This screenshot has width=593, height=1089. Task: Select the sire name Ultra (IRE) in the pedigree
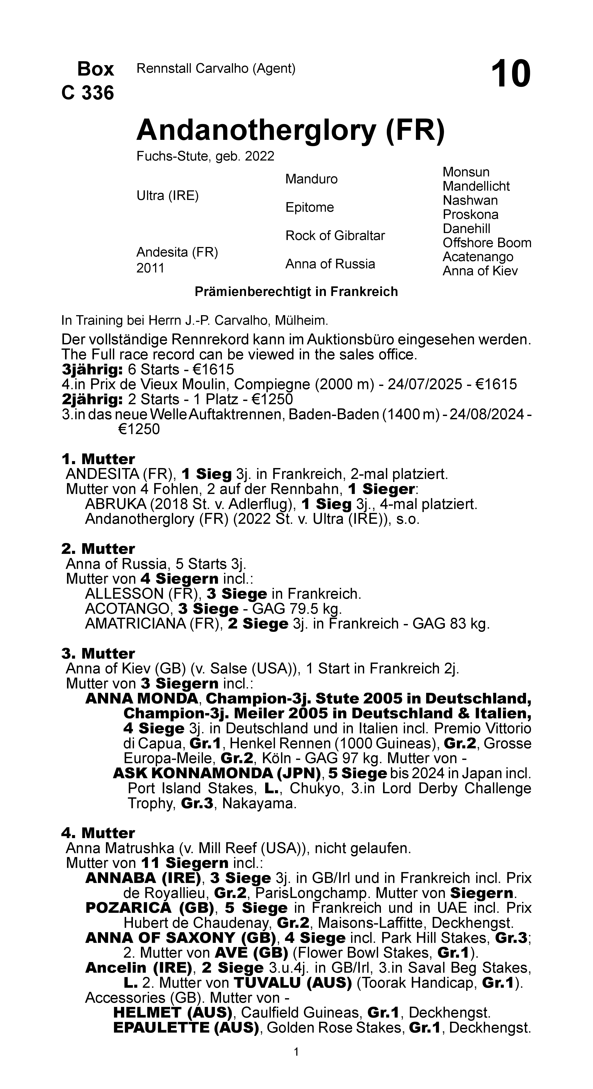167,196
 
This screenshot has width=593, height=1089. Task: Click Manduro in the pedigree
311,179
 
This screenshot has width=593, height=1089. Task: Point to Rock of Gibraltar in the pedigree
335,235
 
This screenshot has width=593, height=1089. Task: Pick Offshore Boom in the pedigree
487,243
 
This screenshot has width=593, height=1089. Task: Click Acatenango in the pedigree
478,257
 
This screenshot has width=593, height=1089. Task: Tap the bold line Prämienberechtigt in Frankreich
296,292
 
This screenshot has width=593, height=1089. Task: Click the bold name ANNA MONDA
141,698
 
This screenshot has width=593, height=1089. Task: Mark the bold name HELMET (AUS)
173,1013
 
